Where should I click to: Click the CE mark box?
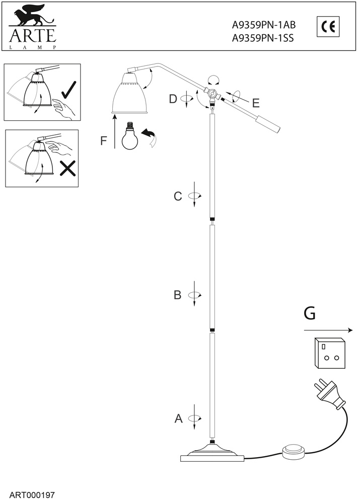[x=328, y=27]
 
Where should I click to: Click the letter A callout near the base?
[x=178, y=418]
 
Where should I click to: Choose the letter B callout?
[x=177, y=295]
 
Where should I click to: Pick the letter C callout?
[x=178, y=196]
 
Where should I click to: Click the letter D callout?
[x=173, y=99]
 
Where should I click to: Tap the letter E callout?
[x=255, y=104]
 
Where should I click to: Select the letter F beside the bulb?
[x=104, y=140]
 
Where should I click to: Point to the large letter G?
[x=310, y=313]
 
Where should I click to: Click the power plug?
[x=330, y=395]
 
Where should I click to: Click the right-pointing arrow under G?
[x=328, y=330]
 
